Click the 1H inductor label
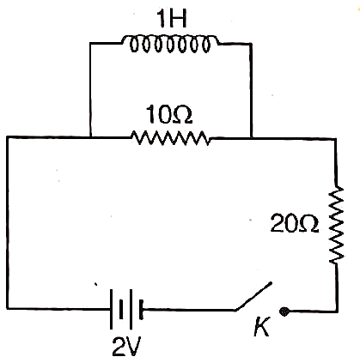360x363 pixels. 172,19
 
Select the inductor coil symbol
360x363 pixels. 170,44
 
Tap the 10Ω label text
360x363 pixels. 168,114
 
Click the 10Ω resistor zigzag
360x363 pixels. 171,138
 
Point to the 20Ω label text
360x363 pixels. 295,223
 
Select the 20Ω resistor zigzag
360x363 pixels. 336,225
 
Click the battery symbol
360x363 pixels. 126,309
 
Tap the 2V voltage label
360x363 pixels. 126,347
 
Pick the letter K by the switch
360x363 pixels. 262,327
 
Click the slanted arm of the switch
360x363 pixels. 253,296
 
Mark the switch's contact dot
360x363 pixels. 284,312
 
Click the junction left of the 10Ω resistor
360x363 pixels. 90,137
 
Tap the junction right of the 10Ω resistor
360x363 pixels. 251,138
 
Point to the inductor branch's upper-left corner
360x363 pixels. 90,43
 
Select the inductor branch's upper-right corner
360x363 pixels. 251,44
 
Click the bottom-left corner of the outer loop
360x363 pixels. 8,308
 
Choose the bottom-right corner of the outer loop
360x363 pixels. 337,311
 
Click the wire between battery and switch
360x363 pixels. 189,310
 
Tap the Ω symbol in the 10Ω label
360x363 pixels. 180,115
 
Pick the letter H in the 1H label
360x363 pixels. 178,19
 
